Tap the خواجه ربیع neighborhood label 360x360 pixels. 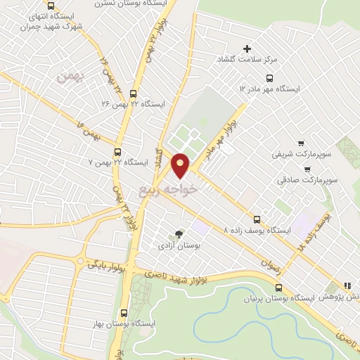tap(189, 188)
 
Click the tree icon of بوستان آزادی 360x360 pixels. tap(180, 234)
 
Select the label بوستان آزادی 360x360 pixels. tap(179, 247)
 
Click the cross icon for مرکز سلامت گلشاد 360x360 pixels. tap(247, 49)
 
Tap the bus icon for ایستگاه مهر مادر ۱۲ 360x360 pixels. tap(269, 78)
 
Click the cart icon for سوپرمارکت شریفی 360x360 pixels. tap(302, 141)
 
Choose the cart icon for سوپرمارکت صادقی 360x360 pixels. tap(308, 169)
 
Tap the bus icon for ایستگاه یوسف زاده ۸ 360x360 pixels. tap(257, 219)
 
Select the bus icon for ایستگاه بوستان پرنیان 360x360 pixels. tap(279, 287)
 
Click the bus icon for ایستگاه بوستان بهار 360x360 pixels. tap(123, 312)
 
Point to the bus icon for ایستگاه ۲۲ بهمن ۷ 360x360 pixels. tap(117, 150)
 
